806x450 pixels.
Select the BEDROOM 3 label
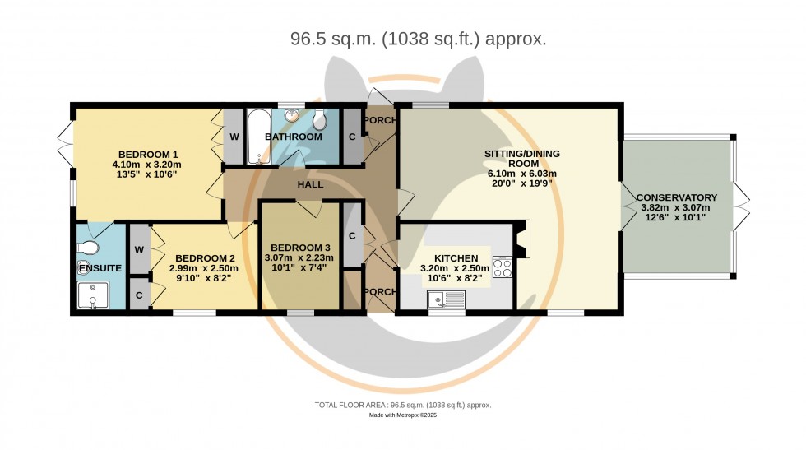(x=300, y=248)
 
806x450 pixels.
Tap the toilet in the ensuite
(x=89, y=247)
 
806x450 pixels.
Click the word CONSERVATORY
(x=677, y=197)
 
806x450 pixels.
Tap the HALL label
(x=310, y=185)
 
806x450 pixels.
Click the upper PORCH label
(x=380, y=121)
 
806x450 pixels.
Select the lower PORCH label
(x=379, y=292)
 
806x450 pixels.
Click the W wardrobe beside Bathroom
(x=234, y=137)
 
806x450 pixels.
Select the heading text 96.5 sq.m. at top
(x=327, y=39)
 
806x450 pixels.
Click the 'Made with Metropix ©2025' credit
(x=403, y=415)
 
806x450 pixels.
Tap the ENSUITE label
(x=100, y=268)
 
